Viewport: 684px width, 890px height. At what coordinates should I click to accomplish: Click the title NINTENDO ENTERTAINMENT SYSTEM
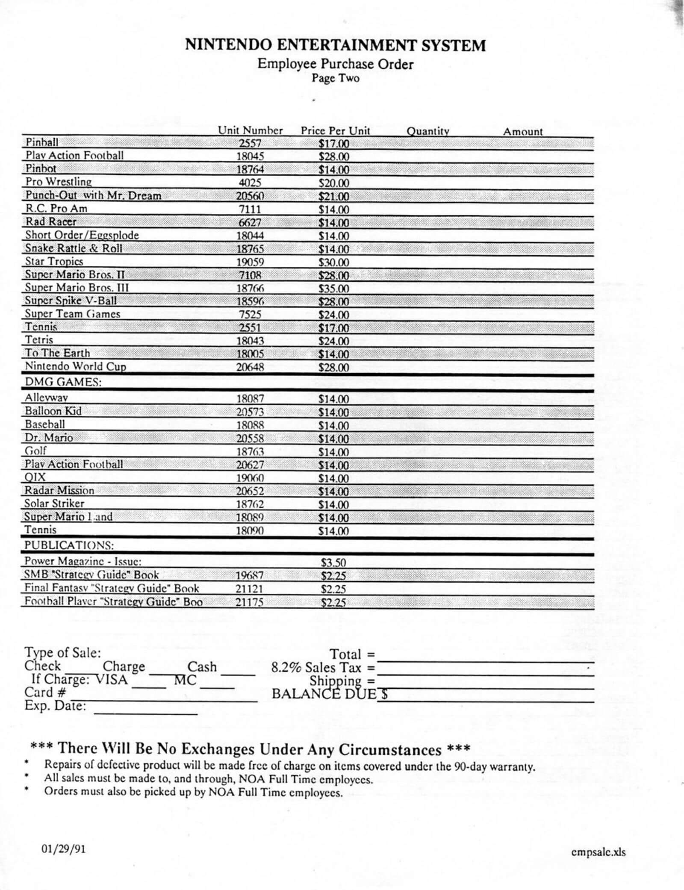click(336, 45)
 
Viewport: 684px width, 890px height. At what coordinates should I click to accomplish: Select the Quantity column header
click(427, 131)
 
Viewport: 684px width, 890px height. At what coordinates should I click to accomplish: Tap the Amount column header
click(522, 131)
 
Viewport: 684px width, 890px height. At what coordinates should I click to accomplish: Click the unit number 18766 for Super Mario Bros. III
click(250, 288)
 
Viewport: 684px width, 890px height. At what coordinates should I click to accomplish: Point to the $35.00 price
click(334, 289)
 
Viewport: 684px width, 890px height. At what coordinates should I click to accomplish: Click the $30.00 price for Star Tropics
click(334, 262)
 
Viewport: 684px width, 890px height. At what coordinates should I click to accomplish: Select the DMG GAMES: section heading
click(63, 382)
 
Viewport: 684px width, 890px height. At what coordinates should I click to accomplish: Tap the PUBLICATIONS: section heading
click(69, 545)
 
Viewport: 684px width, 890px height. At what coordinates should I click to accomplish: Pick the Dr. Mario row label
click(49, 438)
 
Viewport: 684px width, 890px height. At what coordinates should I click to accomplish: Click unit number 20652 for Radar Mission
click(250, 491)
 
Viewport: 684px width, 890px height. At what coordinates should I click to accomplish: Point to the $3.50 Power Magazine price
click(333, 562)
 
